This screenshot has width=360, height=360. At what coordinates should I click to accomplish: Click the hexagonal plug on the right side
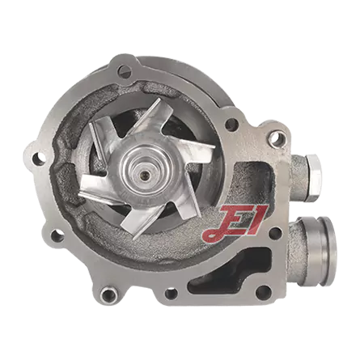[314, 177]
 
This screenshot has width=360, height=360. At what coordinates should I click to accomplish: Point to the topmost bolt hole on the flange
[124, 71]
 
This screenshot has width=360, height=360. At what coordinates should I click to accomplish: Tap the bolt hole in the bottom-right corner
[263, 291]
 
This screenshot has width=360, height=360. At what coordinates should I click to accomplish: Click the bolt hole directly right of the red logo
[276, 233]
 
